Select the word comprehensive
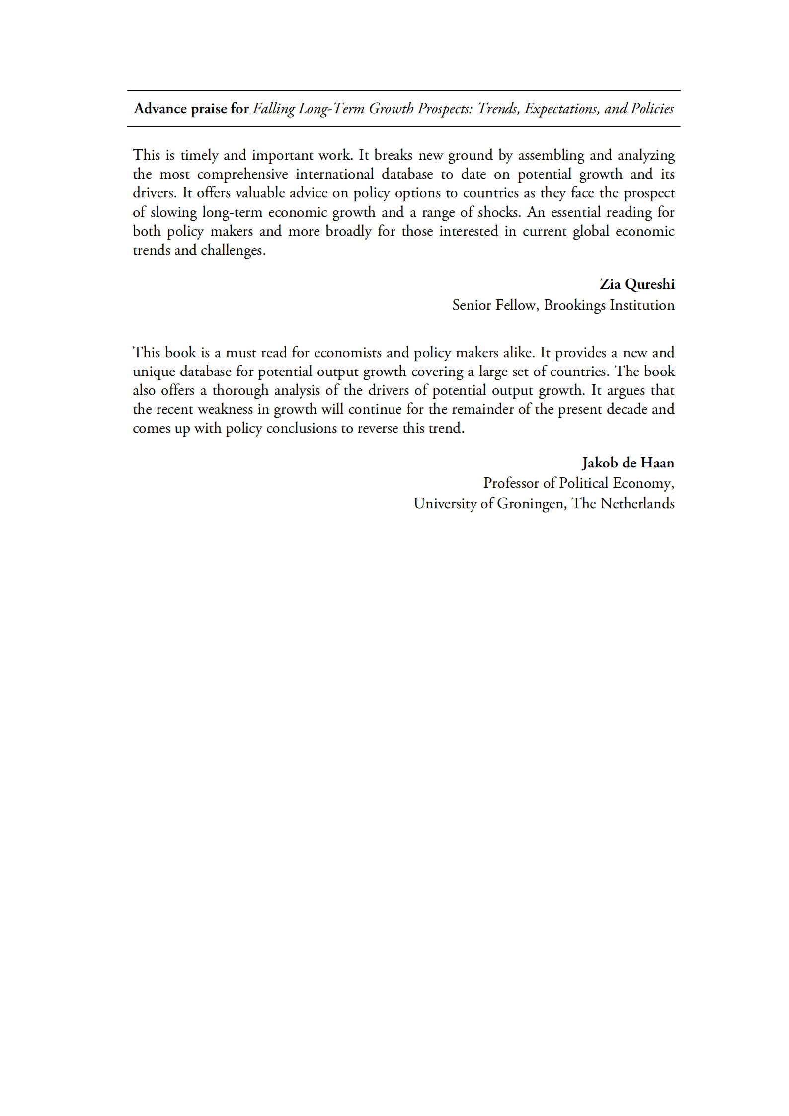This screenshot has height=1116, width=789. [x=242, y=174]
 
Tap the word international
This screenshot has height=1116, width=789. [x=334, y=174]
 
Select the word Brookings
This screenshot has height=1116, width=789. [x=574, y=305]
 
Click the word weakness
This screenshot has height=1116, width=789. [x=225, y=409]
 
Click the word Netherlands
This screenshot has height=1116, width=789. [x=637, y=503]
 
